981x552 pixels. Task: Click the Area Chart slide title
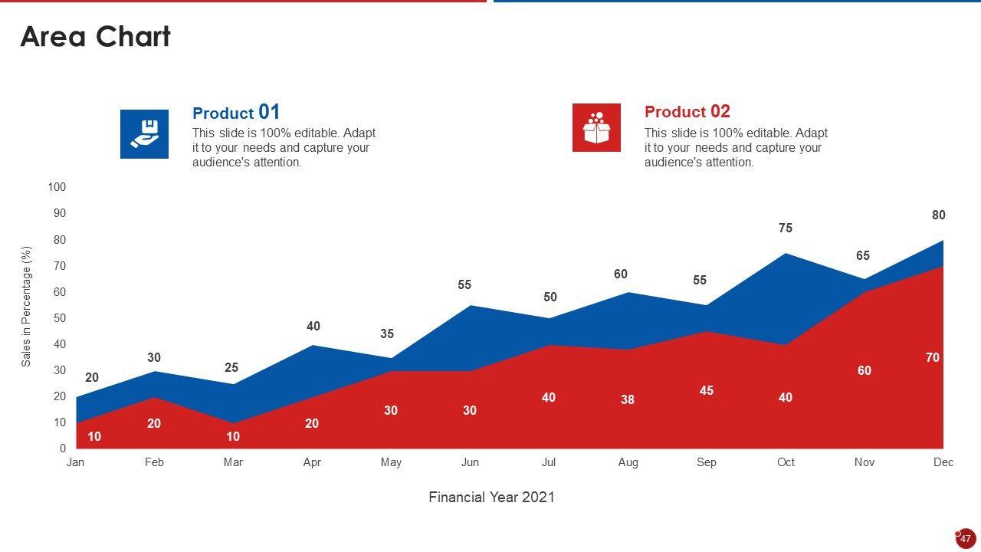pos(95,37)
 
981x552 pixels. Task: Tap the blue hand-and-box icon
pos(144,134)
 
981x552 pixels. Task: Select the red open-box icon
pos(596,128)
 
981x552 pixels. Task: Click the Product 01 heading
pos(236,113)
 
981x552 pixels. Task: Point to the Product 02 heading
pos(687,112)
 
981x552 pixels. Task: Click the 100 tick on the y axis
pos(57,187)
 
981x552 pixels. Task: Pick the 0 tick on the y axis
pos(63,449)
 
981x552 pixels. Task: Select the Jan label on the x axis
pos(75,462)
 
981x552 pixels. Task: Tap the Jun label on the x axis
pos(470,462)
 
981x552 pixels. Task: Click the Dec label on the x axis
pos(943,462)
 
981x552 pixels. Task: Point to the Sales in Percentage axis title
pos(26,307)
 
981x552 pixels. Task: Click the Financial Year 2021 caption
pos(491,498)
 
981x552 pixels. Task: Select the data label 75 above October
pos(785,228)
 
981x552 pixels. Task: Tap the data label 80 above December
pos(939,215)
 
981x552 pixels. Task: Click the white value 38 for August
pos(628,399)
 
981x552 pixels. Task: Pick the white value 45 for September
pos(707,391)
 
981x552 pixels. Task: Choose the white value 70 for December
pos(933,358)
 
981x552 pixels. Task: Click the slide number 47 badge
pos(966,538)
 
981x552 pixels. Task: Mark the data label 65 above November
pos(863,256)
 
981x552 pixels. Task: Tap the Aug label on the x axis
pos(628,462)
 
